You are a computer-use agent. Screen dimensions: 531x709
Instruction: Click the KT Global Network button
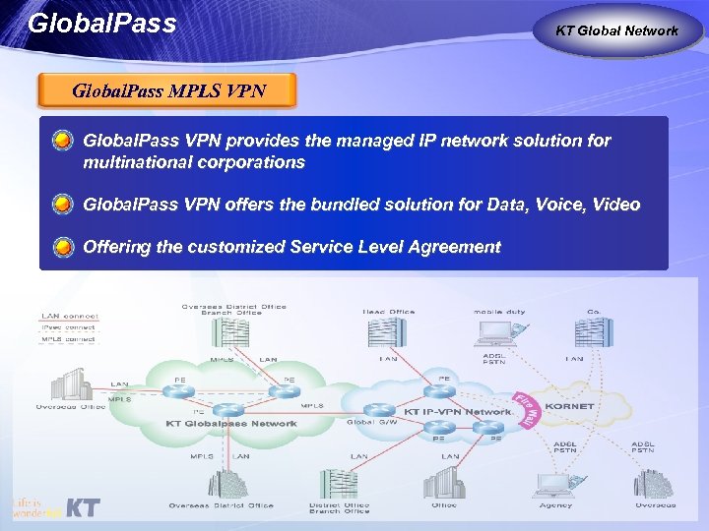click(616, 30)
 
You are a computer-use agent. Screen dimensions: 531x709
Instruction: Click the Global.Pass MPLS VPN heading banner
click(168, 92)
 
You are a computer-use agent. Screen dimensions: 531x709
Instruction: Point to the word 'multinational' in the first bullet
click(133, 162)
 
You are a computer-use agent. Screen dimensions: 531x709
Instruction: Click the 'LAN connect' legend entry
click(68, 316)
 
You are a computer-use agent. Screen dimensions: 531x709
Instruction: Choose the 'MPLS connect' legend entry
click(68, 339)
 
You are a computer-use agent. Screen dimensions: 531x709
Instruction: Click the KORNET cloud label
click(568, 405)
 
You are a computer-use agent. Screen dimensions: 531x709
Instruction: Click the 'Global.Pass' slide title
click(102, 22)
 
